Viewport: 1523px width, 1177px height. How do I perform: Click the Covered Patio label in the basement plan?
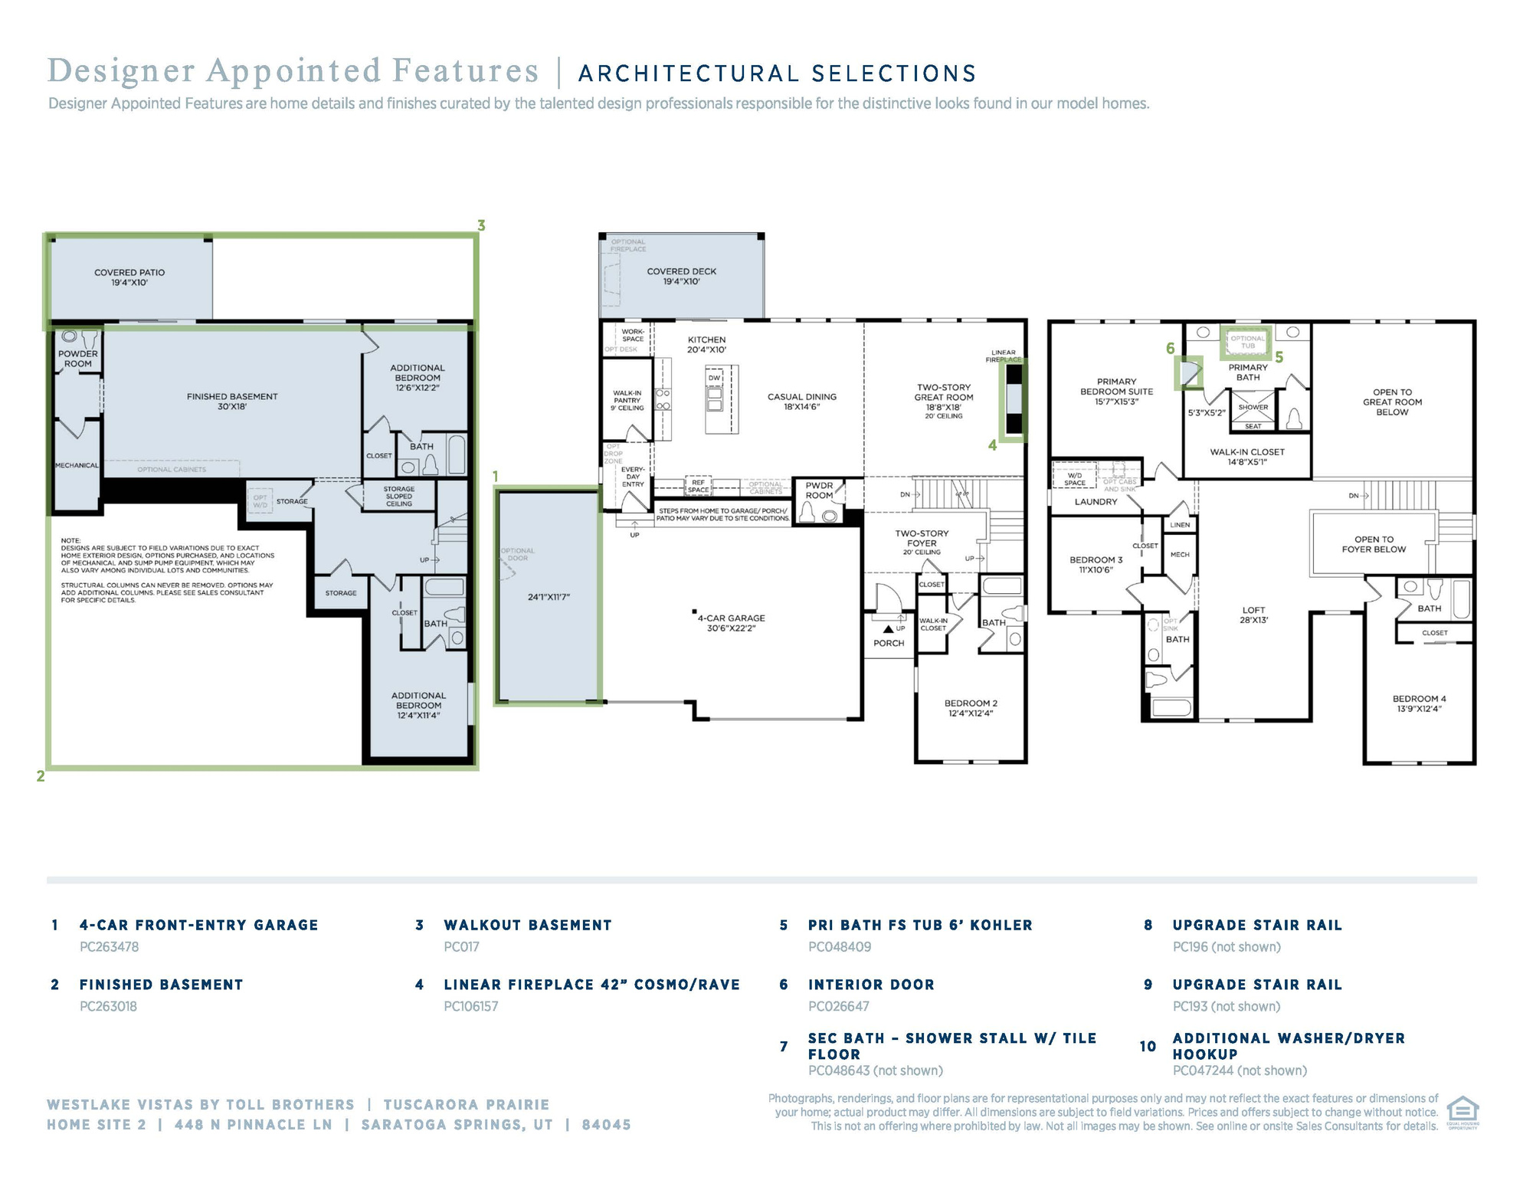coord(129,277)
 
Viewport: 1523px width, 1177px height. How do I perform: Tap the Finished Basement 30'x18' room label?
coord(232,402)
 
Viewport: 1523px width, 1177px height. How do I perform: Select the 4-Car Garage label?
coord(732,623)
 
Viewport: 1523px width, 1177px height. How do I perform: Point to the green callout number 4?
coord(992,445)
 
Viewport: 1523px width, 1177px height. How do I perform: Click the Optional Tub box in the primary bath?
coord(1248,342)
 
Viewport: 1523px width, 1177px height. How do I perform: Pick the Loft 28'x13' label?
coord(1254,615)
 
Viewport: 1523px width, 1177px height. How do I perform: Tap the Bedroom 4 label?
coord(1419,703)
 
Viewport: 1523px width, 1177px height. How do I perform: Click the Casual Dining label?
coord(802,402)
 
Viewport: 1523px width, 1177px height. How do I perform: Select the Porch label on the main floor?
coord(889,644)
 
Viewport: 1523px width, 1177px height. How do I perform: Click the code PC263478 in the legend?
coord(110,947)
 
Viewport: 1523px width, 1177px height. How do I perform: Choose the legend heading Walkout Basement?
coord(528,926)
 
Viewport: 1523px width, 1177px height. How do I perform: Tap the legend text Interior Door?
coord(871,985)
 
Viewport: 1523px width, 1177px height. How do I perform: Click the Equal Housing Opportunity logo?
coord(1462,1113)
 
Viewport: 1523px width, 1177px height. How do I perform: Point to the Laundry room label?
coord(1096,502)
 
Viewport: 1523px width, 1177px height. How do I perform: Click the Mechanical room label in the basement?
coord(77,466)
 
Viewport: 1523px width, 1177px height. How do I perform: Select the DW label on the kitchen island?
coord(714,378)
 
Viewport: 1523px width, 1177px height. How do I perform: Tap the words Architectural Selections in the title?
coord(777,74)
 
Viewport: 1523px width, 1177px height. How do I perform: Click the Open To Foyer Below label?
coord(1374,544)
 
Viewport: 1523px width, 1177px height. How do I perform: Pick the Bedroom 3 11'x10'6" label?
coord(1096,565)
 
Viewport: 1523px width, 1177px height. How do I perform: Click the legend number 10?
coord(1148,1047)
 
